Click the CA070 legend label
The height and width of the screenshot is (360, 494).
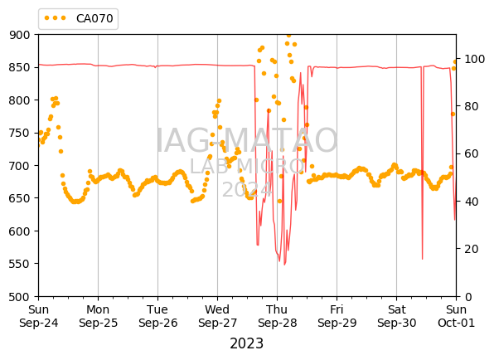(x=94, y=18)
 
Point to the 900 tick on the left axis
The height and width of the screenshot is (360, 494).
(x=19, y=35)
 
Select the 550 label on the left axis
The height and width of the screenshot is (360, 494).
(x=19, y=264)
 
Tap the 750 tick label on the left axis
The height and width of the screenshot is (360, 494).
(x=19, y=133)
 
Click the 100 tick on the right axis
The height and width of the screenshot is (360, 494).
(x=474, y=59)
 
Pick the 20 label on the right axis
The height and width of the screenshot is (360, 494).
(x=471, y=249)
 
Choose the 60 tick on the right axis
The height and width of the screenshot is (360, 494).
(x=471, y=153)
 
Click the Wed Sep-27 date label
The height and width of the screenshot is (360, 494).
(x=217, y=316)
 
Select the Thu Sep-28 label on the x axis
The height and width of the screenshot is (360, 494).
(x=277, y=316)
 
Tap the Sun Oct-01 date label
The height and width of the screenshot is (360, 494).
(x=456, y=316)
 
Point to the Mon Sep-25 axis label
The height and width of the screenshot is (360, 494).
(x=98, y=316)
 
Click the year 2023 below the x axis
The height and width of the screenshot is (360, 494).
(x=247, y=343)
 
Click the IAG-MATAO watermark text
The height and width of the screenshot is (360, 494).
(x=247, y=140)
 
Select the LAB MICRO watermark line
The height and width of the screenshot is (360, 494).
(x=247, y=166)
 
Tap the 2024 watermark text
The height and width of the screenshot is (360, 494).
(x=247, y=190)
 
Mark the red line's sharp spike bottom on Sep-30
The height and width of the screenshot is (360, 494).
(x=422, y=259)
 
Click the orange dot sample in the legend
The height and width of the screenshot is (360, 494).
(x=56, y=18)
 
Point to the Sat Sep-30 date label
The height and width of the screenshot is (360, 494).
(x=397, y=316)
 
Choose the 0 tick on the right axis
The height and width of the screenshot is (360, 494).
(x=467, y=297)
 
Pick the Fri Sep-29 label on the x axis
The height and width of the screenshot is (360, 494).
(x=337, y=316)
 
